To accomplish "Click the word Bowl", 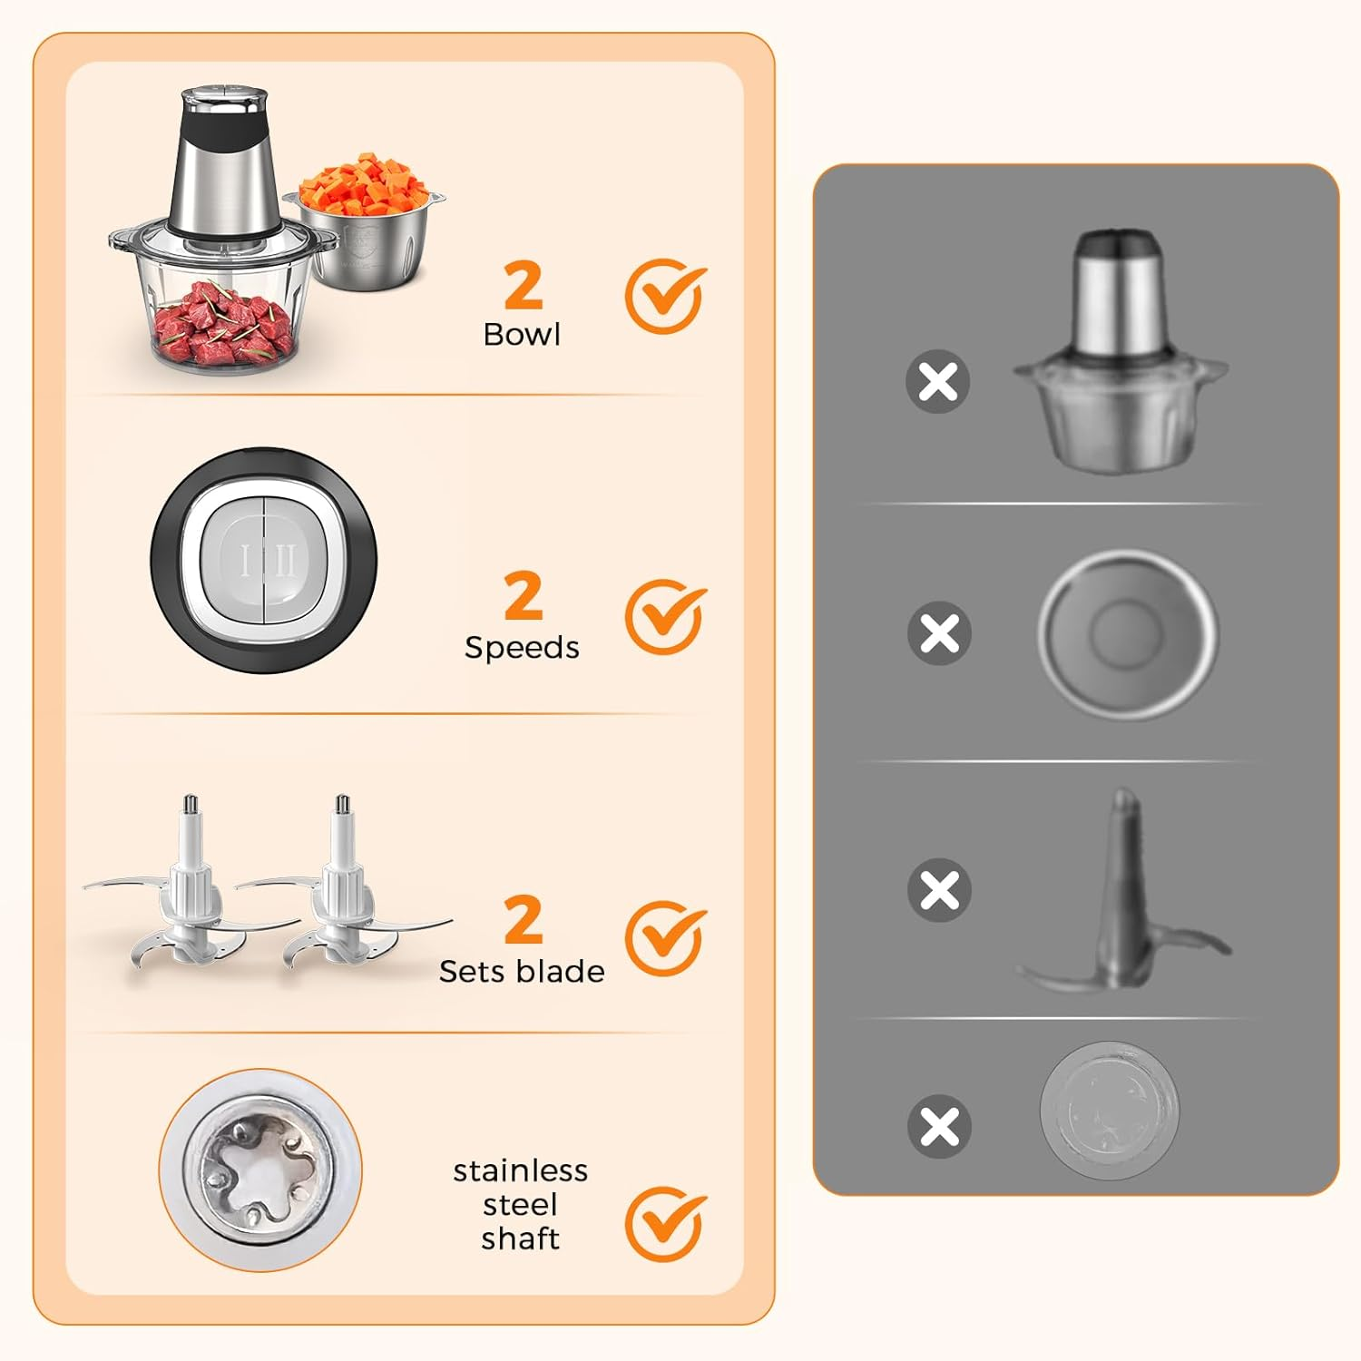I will click(x=522, y=335).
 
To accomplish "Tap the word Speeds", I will click(x=522, y=648).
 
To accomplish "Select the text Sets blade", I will click(x=522, y=972).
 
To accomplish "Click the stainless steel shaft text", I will click(x=521, y=1205).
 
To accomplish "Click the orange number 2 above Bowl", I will click(x=524, y=286).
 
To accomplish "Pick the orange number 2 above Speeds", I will click(x=524, y=596).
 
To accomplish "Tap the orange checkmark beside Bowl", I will click(x=664, y=297).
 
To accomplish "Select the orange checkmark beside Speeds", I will click(x=664, y=617).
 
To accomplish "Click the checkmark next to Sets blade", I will click(x=664, y=938).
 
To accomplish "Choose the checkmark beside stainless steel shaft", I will click(x=664, y=1223).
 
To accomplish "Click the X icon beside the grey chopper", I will click(x=938, y=382).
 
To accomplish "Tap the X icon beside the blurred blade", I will click(x=939, y=890).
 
